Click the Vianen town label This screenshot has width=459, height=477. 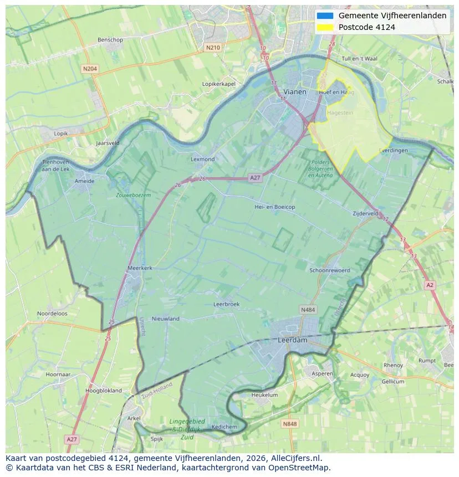[294, 91]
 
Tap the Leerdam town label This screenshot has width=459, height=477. [292, 340]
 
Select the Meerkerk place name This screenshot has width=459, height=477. [140, 268]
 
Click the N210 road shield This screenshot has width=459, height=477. [212, 48]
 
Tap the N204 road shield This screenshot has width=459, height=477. [90, 69]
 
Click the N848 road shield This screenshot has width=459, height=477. [289, 424]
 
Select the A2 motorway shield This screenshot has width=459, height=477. [430, 285]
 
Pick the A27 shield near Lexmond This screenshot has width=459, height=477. [254, 177]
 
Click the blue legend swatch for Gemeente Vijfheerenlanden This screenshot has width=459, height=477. [325, 16]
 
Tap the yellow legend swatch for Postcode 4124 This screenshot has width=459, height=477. [325, 27]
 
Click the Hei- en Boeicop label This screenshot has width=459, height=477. [274, 207]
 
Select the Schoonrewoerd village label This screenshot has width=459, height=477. [330, 270]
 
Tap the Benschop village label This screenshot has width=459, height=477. [110, 40]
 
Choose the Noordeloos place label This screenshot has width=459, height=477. [52, 314]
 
